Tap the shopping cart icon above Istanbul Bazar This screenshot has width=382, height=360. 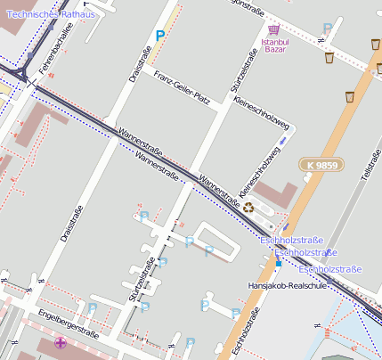point(274,29)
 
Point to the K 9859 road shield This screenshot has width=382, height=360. point(318,166)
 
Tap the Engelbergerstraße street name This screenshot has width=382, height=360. point(69,323)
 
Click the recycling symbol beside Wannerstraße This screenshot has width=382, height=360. point(248,208)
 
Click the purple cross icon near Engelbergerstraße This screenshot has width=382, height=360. point(61,342)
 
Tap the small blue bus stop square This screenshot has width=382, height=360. point(278,263)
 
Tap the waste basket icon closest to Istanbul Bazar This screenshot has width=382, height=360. point(329,58)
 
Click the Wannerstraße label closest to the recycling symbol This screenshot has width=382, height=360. point(220,186)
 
